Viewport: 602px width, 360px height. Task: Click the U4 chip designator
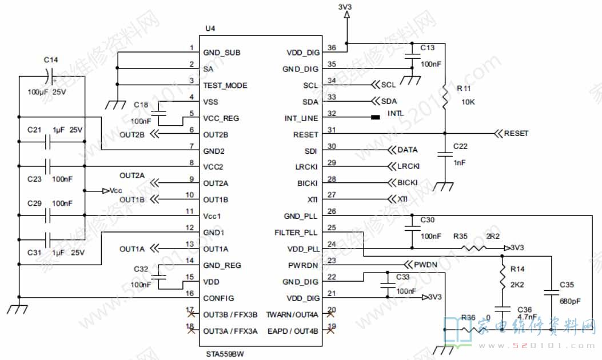[210, 29]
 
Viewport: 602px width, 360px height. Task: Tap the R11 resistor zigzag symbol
[444, 98]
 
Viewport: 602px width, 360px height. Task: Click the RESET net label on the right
[516, 134]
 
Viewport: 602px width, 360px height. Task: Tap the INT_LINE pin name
[301, 118]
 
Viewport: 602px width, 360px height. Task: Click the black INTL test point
[375, 118]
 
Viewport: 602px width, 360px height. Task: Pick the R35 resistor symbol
[475, 248]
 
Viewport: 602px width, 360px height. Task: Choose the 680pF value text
[569, 301]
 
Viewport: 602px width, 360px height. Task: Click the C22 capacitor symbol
[444, 153]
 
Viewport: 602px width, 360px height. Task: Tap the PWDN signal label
[425, 265]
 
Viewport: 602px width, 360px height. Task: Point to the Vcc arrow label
[113, 190]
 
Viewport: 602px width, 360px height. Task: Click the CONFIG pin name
[218, 298]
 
